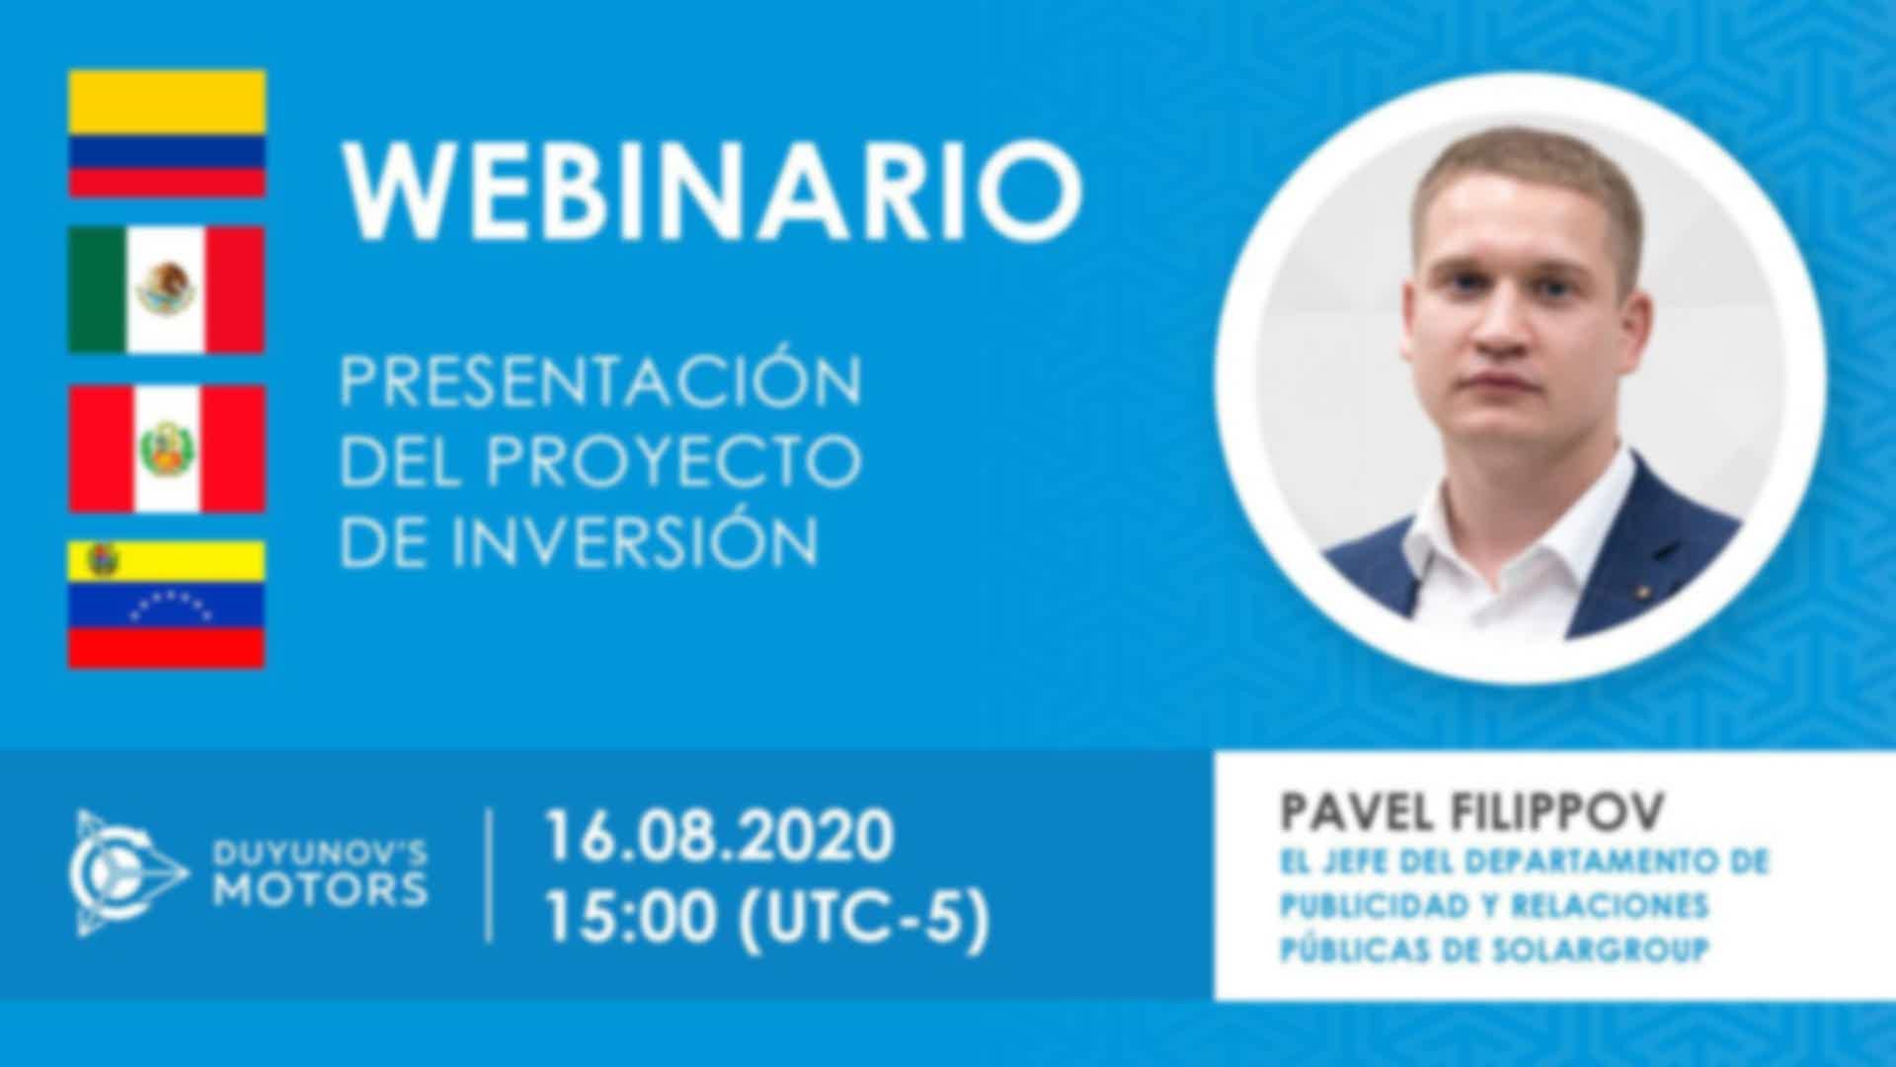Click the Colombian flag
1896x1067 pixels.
click(x=166, y=133)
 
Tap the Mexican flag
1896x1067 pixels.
click(x=166, y=289)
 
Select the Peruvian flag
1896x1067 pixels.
click(x=166, y=449)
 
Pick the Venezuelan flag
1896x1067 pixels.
click(x=166, y=604)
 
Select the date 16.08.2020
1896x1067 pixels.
click(x=719, y=836)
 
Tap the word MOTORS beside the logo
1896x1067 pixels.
click(x=322, y=890)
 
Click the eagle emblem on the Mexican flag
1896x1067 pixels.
click(x=166, y=287)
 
